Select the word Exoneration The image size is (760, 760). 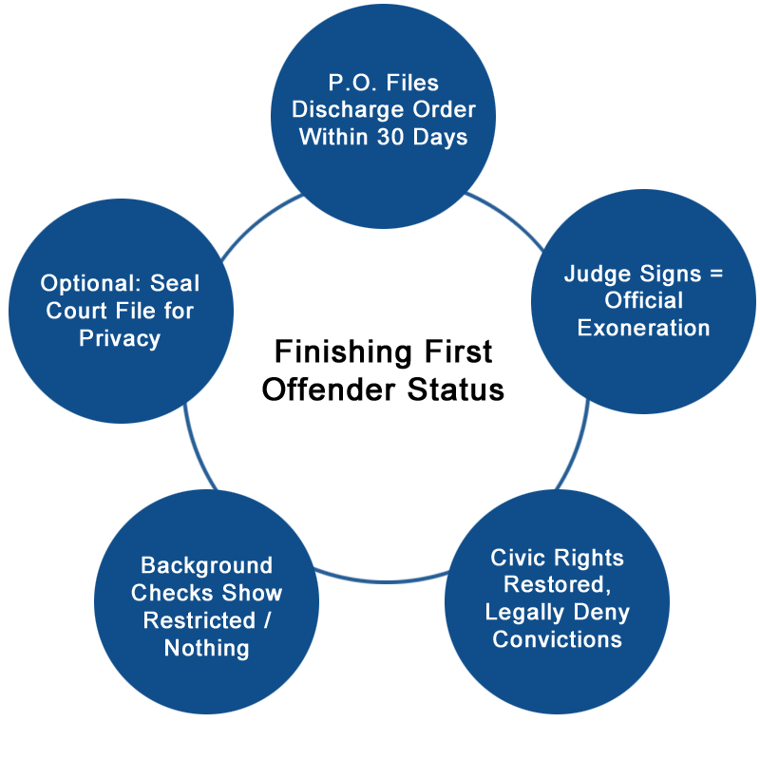coord(644,329)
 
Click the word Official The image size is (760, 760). coord(644,301)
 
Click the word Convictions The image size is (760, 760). coord(557,638)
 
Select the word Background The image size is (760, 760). coord(206,565)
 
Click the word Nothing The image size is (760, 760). coord(206,648)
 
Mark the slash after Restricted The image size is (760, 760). coord(256,620)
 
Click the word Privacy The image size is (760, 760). coord(120,337)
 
